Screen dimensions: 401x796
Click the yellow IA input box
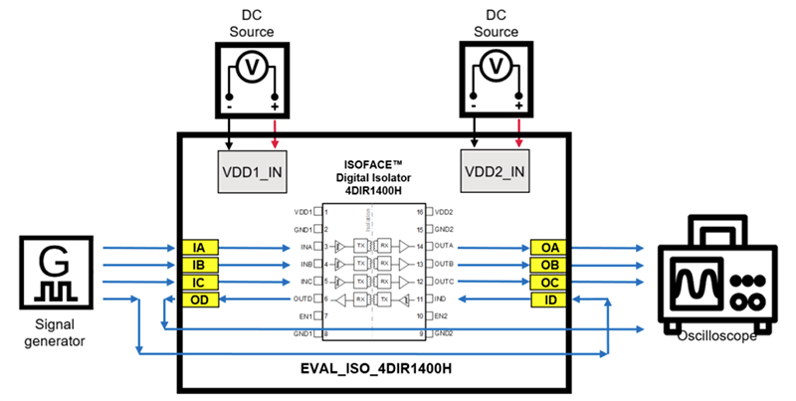tap(199, 247)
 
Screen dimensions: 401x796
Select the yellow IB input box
tap(199, 265)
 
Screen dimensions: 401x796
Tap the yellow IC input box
tap(199, 283)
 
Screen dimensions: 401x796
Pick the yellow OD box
tap(199, 301)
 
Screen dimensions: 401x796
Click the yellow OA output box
tap(549, 247)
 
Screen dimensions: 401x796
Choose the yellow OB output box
tap(549, 265)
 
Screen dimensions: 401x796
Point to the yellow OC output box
tap(549, 283)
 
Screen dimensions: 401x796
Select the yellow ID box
tap(549, 301)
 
